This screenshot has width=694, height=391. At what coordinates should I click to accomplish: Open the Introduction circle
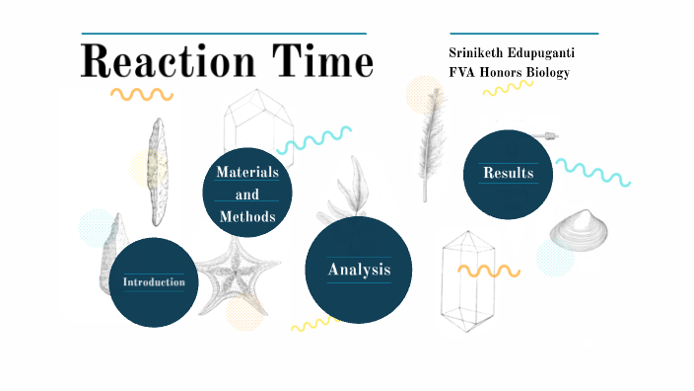153,282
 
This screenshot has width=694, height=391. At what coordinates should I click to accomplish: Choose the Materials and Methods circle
247,194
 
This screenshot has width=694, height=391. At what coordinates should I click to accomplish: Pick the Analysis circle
359,270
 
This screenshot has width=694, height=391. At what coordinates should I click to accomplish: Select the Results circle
508,174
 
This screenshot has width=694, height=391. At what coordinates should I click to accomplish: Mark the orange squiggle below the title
141,95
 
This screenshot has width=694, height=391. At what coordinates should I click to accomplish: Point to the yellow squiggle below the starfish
315,323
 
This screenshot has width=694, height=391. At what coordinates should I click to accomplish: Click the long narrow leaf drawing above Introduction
155,172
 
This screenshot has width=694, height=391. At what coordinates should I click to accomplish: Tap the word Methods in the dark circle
247,216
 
